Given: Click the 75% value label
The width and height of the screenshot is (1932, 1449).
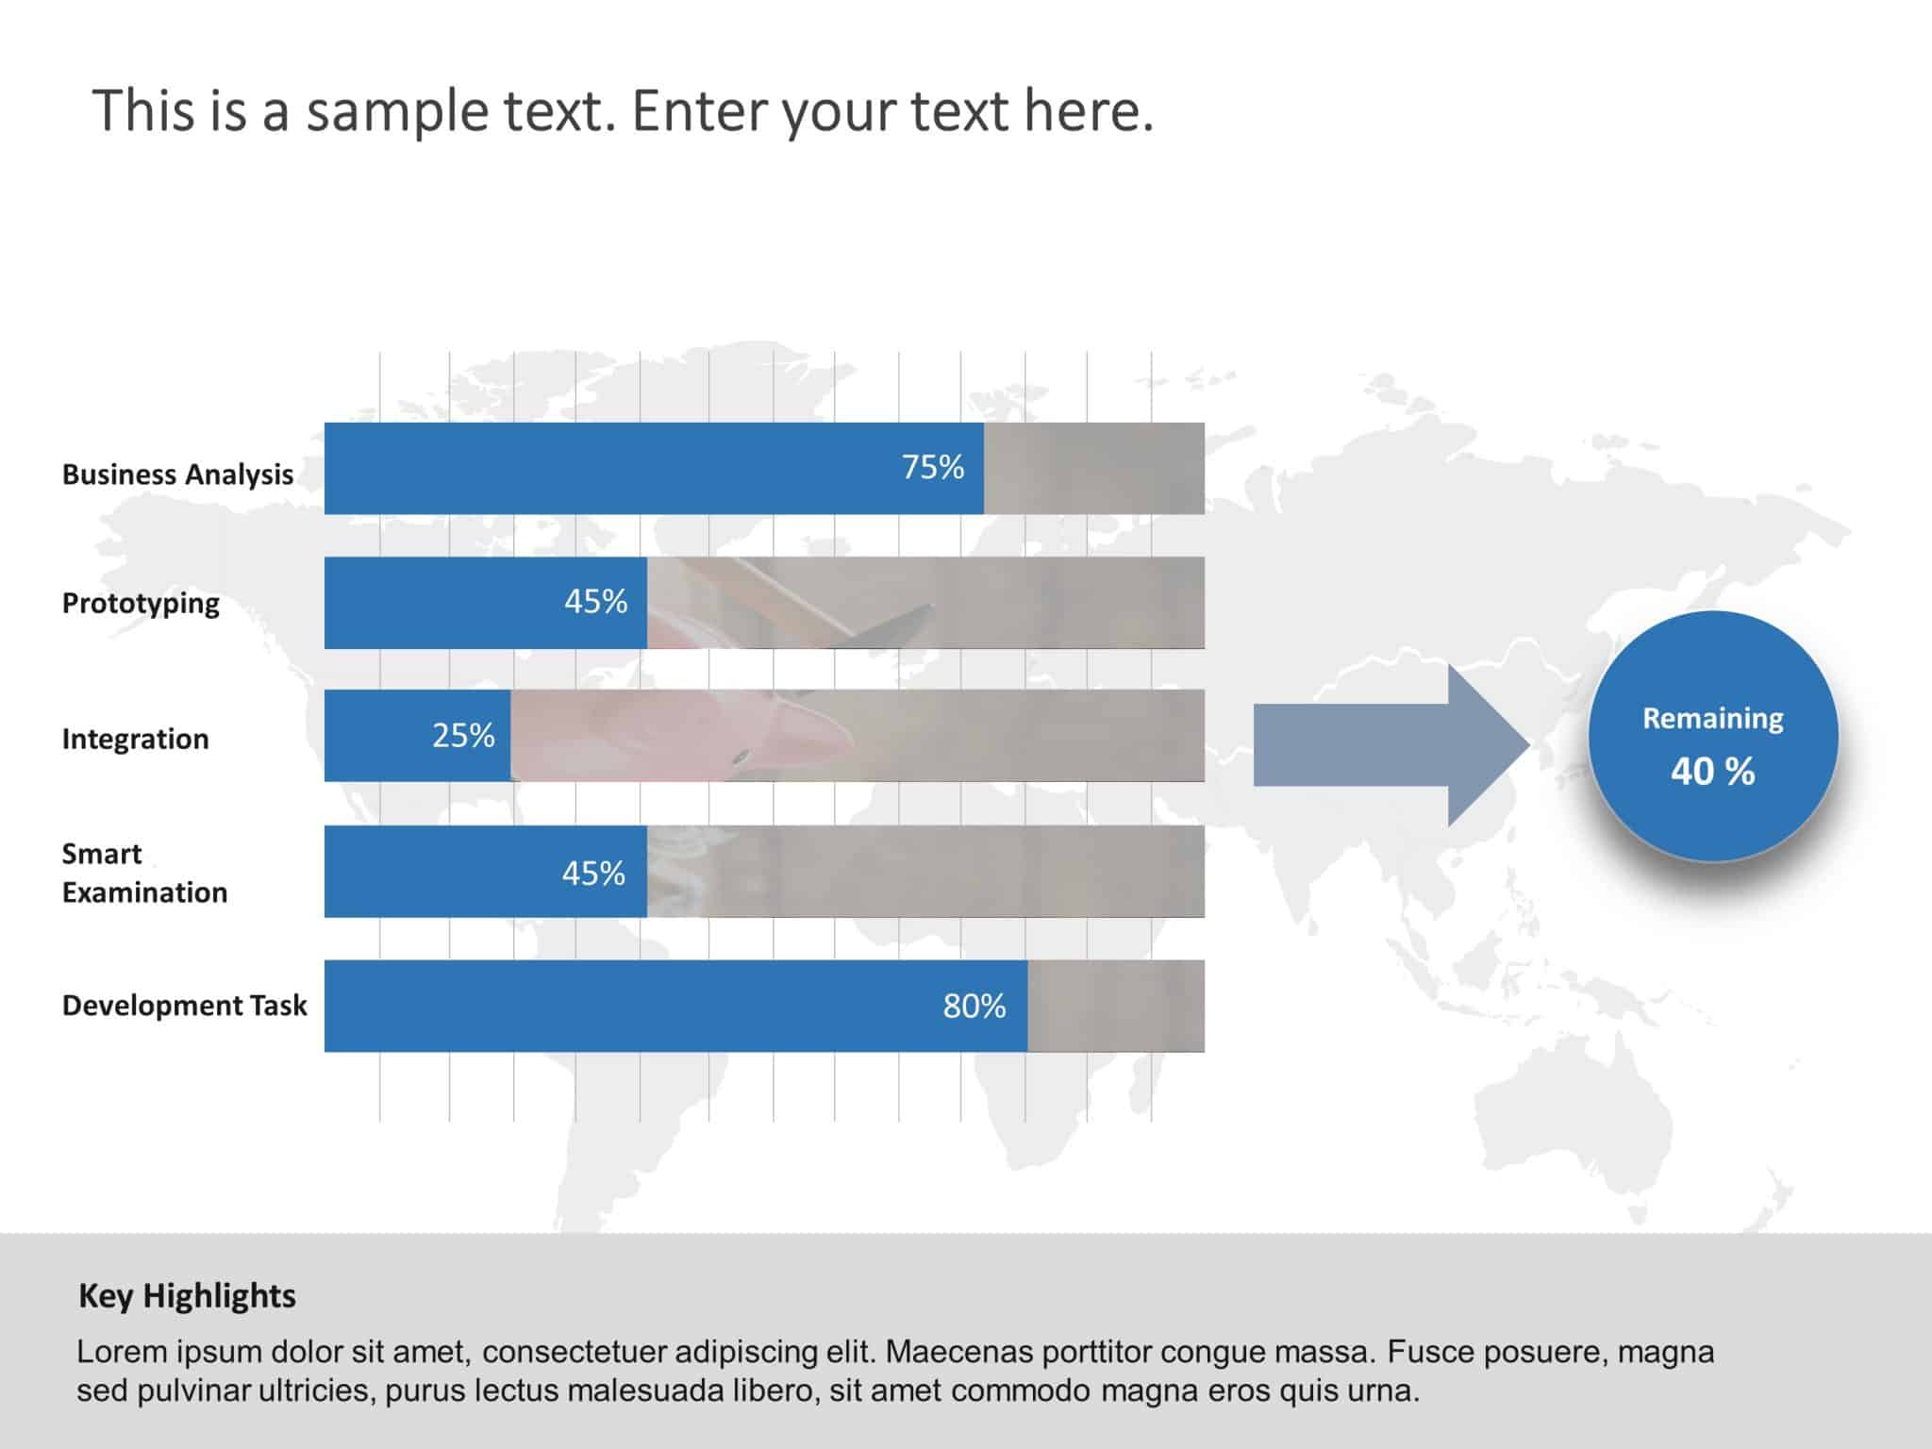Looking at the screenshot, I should coord(932,468).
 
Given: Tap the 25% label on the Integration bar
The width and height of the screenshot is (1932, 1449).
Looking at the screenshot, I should coord(463,736).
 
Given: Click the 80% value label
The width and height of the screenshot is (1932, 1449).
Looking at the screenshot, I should coord(974,1007).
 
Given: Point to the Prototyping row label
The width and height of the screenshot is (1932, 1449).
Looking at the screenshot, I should coord(141,603).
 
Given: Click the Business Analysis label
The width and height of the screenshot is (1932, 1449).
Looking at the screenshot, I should coord(177,475).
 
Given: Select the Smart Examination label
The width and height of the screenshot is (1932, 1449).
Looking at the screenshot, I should coord(144,873).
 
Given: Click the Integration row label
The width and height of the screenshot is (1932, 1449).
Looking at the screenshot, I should coord(135,739).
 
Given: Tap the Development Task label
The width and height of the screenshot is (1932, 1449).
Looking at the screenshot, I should coord(184,1006).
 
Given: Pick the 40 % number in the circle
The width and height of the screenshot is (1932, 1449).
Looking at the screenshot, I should coord(1712,772).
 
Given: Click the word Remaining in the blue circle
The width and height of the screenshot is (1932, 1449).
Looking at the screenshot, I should coord(1712,719).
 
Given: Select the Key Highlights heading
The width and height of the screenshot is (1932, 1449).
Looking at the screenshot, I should coord(187,1296).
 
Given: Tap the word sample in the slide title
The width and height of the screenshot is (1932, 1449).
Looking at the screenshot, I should coord(397,111).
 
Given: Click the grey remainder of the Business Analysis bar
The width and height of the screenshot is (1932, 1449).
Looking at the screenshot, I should coord(1094,468).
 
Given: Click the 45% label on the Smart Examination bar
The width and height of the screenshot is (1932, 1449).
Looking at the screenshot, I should coord(593,874).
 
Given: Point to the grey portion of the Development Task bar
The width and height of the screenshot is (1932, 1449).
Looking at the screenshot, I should coord(1116,1006).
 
